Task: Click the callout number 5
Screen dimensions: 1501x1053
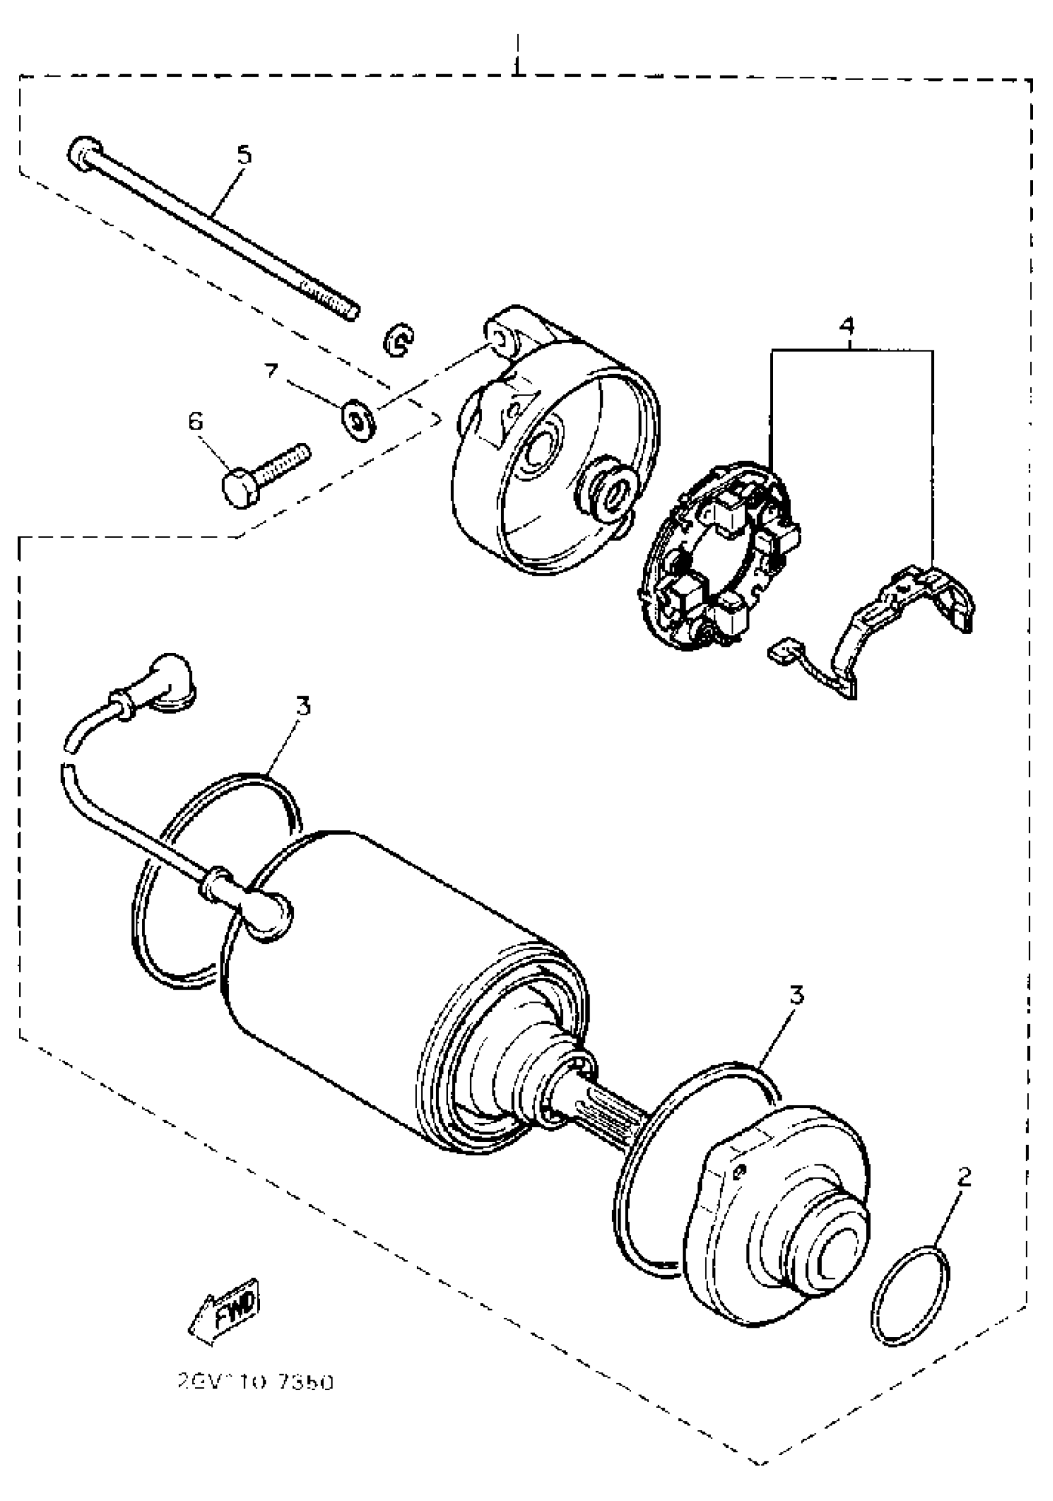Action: [x=243, y=155]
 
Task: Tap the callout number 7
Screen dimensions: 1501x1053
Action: [x=271, y=371]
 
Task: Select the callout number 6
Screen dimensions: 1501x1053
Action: [x=196, y=422]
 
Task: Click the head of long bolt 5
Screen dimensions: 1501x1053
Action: [x=85, y=154]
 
